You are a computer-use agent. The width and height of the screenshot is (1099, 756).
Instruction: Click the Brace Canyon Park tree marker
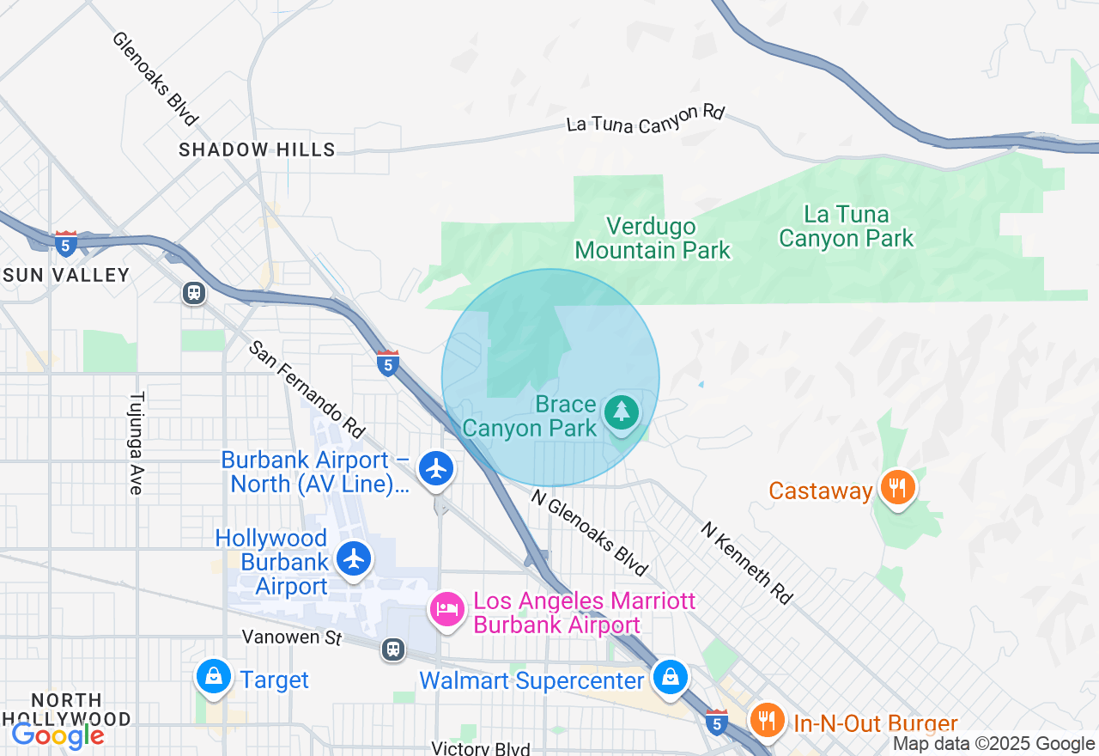(621, 412)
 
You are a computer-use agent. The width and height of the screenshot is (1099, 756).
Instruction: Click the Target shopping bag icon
(214, 677)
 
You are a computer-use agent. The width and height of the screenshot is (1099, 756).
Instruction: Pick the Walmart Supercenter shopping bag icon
(670, 677)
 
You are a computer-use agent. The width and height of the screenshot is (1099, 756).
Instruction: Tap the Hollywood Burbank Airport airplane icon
(354, 558)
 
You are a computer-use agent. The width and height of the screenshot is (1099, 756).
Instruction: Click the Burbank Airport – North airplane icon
(437, 469)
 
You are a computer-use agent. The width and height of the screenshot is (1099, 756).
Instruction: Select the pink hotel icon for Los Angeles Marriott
(446, 610)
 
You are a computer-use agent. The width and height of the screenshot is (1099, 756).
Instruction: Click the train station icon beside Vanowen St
(394, 649)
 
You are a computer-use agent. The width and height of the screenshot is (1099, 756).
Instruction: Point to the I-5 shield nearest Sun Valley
(66, 243)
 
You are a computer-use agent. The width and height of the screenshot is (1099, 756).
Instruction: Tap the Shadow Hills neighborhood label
(257, 149)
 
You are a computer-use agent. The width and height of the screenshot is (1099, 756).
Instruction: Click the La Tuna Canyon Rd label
(646, 119)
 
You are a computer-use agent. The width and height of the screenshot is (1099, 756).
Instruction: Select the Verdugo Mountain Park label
(652, 238)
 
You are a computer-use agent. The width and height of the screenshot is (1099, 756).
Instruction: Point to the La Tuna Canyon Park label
(846, 226)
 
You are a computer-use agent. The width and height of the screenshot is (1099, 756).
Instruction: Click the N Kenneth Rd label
(746, 562)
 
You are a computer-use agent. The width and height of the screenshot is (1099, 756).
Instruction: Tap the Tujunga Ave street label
(136, 443)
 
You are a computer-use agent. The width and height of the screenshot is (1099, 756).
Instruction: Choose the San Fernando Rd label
(307, 387)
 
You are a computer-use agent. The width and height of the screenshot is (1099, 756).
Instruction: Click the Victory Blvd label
(480, 748)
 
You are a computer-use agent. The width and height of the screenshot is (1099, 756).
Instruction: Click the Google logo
(58, 735)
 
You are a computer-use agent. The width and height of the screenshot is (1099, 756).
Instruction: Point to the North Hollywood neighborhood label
(66, 710)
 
